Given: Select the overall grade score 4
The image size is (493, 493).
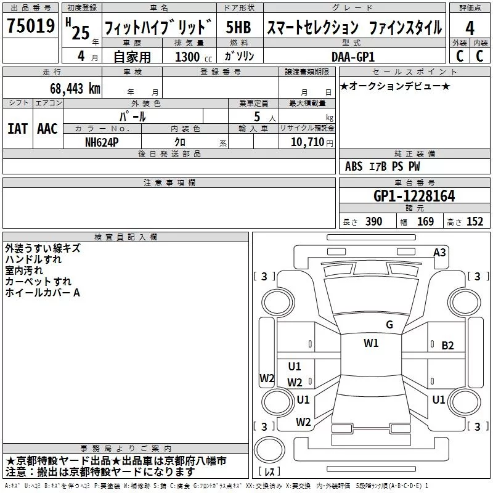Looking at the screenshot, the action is click(470, 28).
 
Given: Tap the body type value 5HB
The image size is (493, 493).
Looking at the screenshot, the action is click(238, 28).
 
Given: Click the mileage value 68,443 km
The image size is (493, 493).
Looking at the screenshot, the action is click(74, 89).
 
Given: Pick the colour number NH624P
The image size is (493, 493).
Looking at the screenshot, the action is click(103, 142).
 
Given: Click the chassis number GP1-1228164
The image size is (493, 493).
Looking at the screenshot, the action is click(414, 196).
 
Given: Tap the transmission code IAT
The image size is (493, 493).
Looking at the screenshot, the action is click(18, 129).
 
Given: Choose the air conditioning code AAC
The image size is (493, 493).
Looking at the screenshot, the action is click(47, 129).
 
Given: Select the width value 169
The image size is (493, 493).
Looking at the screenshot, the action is click(425, 222).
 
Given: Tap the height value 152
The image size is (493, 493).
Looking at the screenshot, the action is click(475, 222).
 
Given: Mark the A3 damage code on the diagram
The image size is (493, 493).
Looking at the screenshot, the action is click(439, 252).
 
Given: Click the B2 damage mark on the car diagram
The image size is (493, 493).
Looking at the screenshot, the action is click(447, 346).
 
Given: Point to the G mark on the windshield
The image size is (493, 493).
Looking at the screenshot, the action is click(389, 325).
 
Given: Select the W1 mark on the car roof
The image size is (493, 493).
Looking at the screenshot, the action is click(371, 343).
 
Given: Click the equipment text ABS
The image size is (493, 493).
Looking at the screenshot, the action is click(354, 166).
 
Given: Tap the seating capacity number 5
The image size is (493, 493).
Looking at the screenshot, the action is click(256, 116).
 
